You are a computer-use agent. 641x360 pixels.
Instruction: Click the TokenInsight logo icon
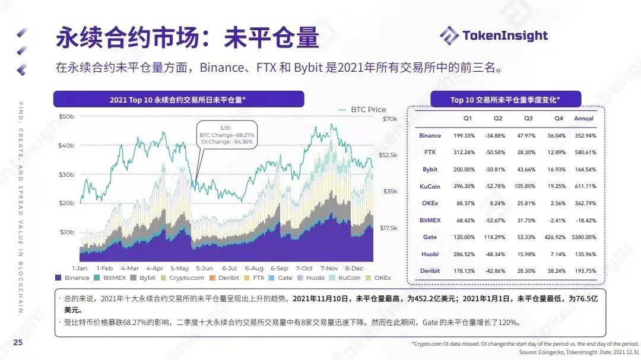point(449,36)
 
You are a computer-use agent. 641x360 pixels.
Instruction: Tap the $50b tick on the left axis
point(66,117)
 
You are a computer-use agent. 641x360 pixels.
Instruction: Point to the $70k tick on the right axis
point(389,119)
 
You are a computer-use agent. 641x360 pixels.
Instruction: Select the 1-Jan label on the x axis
point(80,268)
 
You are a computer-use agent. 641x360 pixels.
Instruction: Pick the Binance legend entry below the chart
point(72,278)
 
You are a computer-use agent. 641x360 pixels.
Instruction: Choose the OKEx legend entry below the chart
point(379,278)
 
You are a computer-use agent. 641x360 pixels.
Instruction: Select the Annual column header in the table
point(584,119)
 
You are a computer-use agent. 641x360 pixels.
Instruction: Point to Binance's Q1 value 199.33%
point(463,136)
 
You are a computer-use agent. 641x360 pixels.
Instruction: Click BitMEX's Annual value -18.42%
point(584,220)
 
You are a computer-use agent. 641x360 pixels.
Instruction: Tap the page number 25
point(18,343)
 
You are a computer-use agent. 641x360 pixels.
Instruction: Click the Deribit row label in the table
point(430,270)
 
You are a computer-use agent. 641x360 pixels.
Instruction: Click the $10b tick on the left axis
point(66,232)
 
